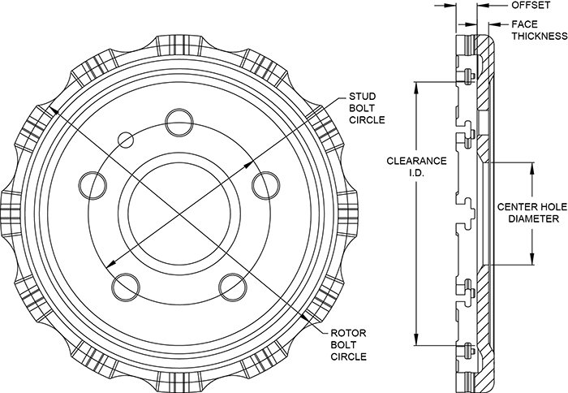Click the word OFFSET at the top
click(x=531, y=5)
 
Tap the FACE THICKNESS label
click(x=540, y=30)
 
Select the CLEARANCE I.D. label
click(x=416, y=166)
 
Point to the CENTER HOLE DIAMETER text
click(x=532, y=213)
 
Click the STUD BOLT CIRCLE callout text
click(x=367, y=108)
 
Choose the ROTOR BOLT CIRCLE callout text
click(x=348, y=345)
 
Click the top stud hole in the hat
click(x=179, y=123)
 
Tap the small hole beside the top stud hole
click(x=126, y=140)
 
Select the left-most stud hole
click(x=93, y=185)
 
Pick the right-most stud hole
click(x=266, y=185)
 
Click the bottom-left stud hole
click(x=126, y=287)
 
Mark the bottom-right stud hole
click(x=233, y=287)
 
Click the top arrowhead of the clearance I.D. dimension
click(x=416, y=88)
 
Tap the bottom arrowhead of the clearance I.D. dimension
click(x=416, y=339)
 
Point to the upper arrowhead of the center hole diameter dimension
click(x=532, y=167)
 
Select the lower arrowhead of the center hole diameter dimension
click(x=532, y=259)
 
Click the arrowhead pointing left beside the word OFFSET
click(x=484, y=6)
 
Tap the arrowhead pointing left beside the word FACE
click(x=495, y=24)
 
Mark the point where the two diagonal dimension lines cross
click(x=179, y=214)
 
